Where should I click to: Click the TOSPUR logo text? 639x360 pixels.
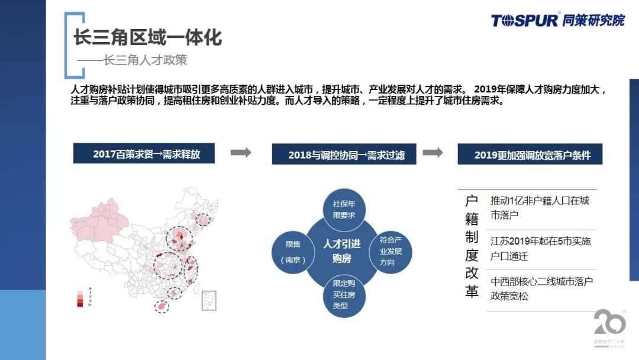pyautogui.click(x=524, y=20)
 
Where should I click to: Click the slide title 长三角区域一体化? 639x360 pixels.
pyautogui.click(x=147, y=37)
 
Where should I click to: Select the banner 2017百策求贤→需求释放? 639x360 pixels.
pyautogui.click(x=144, y=154)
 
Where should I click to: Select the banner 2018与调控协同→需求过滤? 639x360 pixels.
pyautogui.click(x=344, y=155)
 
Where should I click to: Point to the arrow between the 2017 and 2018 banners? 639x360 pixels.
pyautogui.click(x=240, y=153)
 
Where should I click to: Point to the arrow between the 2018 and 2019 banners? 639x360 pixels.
pyautogui.click(x=433, y=153)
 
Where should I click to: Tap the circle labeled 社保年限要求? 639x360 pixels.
pyautogui.click(x=344, y=209)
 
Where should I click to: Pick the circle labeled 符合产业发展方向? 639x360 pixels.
pyautogui.click(x=390, y=251)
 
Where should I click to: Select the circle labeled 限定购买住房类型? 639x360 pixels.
pyautogui.click(x=343, y=295)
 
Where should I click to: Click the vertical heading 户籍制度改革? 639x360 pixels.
pyautogui.click(x=471, y=247)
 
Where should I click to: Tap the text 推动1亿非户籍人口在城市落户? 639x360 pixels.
pyautogui.click(x=540, y=207)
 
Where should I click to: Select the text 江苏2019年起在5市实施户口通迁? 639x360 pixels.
pyautogui.click(x=540, y=249)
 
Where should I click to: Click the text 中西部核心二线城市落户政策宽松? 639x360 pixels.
pyautogui.click(x=541, y=289)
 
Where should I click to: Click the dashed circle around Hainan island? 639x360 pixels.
pyautogui.click(x=162, y=306)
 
